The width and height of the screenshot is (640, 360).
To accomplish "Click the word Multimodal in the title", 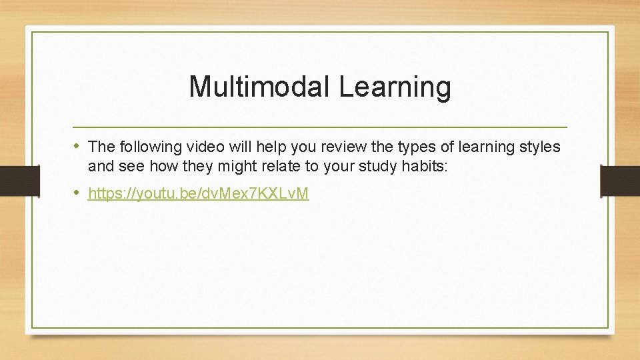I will [260, 87].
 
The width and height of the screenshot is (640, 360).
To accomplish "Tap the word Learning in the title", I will [395, 87].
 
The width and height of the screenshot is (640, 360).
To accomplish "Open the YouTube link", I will [198, 194].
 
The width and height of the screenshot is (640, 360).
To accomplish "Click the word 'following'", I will [144, 147].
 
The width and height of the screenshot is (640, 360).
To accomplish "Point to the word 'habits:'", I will [427, 166].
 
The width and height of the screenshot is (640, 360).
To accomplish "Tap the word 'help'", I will [254, 147].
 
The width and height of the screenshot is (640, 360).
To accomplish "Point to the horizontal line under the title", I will [320, 127].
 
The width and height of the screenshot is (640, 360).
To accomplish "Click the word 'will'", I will [225, 147].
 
